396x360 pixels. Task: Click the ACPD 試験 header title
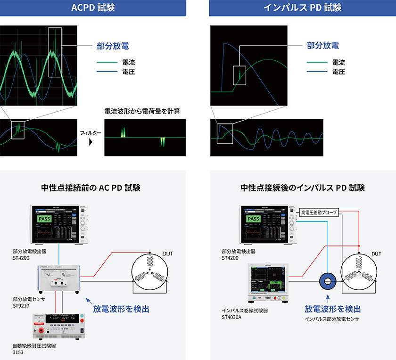[93, 8]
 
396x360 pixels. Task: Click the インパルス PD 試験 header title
[303, 8]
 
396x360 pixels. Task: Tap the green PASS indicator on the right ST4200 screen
[254, 219]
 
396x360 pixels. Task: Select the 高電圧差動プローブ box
[319, 213]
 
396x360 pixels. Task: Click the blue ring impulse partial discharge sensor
[328, 281]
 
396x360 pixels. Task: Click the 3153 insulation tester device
[58, 326]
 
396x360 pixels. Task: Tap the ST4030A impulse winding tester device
[267, 282]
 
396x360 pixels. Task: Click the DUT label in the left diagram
[168, 254]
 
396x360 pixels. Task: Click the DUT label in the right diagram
[376, 254]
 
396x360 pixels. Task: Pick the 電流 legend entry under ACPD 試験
[128, 62]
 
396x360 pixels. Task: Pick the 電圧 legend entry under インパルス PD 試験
[338, 72]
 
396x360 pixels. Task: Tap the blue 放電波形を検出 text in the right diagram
[333, 309]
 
